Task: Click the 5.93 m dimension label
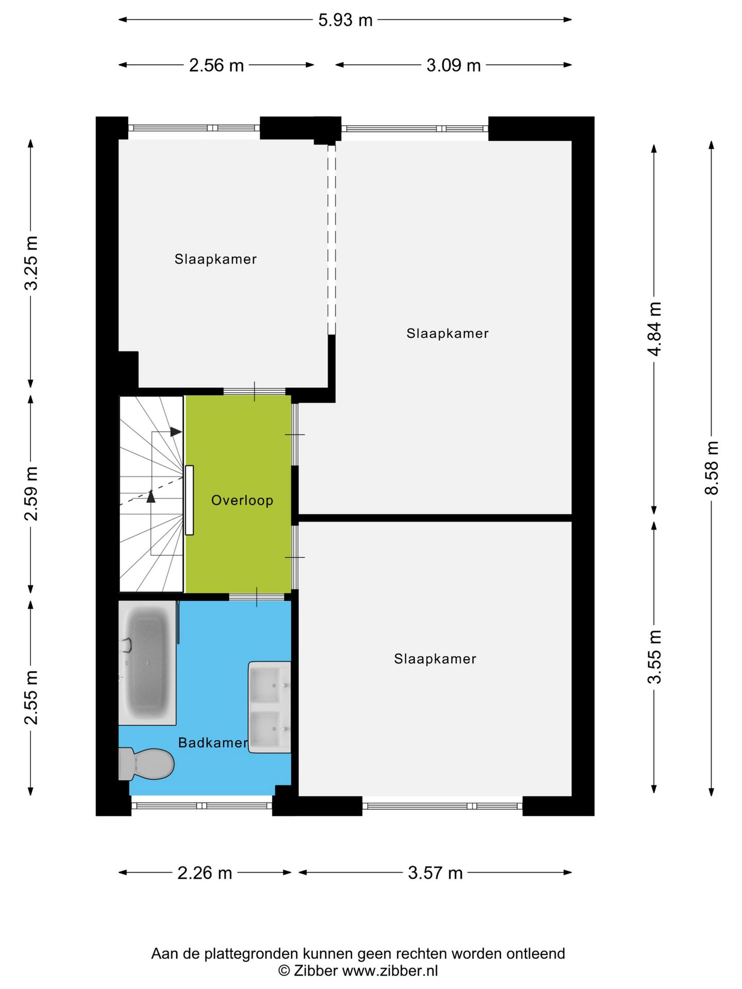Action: pos(345,20)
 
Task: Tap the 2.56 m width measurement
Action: pos(216,65)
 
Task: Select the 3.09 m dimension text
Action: pos(453,65)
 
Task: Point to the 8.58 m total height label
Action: pos(712,467)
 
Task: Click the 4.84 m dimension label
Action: pos(654,329)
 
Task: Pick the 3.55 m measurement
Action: pos(654,656)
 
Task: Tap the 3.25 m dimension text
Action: pos(31,263)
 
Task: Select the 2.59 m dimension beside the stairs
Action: pos(31,493)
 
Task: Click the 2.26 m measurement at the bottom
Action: pos(205,873)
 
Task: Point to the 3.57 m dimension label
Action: pos(435,873)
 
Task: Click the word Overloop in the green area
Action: pos(242,500)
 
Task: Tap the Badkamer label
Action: pos(212,742)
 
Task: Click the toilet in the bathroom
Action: pos(149,763)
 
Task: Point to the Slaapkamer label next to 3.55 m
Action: pos(435,659)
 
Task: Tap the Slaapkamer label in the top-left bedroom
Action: pos(215,259)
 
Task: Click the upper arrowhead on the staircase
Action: pos(176,432)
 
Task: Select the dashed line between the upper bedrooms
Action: pos(332,240)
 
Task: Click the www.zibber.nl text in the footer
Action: pos(390,971)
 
